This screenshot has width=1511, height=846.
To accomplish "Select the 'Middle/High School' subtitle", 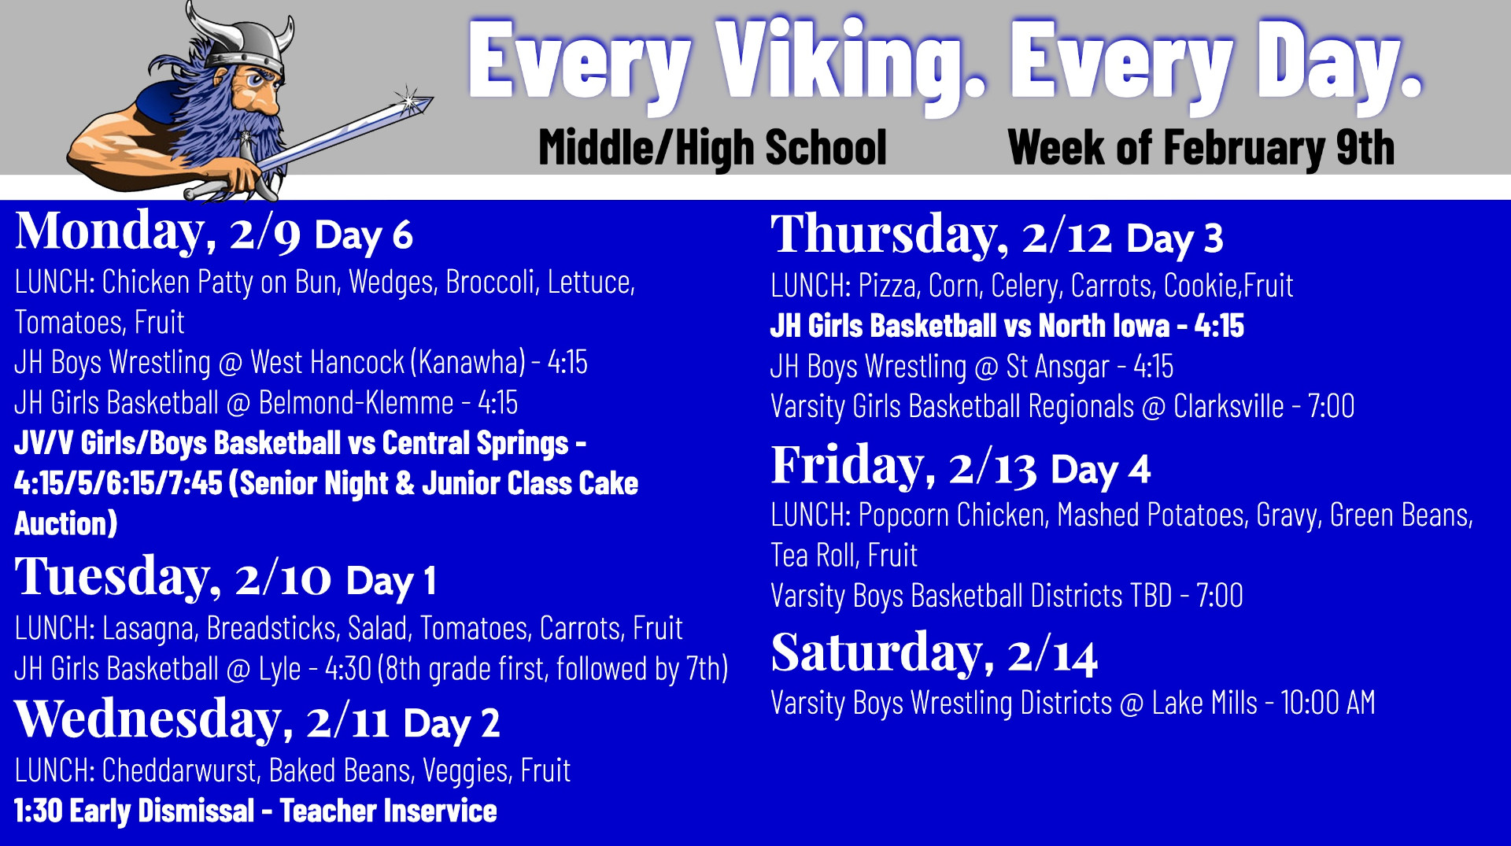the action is coord(712,147).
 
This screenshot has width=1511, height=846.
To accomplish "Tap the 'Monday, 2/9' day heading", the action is coord(157,233).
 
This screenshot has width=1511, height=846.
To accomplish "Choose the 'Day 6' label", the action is coord(364,235).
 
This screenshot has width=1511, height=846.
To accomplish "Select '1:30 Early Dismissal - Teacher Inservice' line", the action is coord(256,811).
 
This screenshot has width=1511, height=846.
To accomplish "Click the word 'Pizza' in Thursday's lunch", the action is coord(888,286).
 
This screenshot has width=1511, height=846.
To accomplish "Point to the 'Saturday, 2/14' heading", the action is coord(934,654).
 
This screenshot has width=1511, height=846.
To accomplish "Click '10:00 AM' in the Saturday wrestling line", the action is coord(1328,703).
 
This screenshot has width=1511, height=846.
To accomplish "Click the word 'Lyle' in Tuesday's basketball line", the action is coord(279,669).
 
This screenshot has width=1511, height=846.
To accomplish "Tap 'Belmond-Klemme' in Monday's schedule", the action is coord(356,403).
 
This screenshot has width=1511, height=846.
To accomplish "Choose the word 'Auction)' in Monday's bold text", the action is coord(66,524).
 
